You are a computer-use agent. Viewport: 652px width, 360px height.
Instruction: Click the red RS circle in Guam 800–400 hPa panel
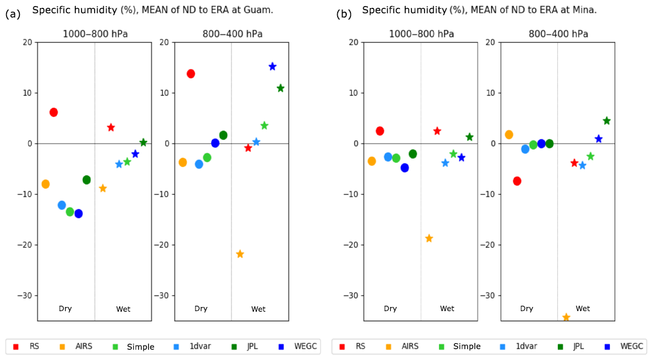191,74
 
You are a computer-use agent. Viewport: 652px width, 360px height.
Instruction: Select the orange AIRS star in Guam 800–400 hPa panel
240,254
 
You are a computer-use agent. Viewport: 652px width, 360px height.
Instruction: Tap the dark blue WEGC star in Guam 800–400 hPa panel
273,66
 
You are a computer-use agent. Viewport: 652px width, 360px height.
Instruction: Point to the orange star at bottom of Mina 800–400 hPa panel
566,317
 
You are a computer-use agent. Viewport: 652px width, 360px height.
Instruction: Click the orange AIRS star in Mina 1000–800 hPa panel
429,238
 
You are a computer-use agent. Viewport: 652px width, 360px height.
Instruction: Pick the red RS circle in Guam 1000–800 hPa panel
54,112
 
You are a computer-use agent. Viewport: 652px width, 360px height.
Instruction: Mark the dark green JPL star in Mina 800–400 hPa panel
607,121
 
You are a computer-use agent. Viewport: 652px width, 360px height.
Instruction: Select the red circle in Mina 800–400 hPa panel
517,181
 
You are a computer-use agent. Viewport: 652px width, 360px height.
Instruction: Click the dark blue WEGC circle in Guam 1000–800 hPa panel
78,213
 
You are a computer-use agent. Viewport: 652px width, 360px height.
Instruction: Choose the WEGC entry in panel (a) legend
302,346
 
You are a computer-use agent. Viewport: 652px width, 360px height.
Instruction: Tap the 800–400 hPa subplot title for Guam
232,34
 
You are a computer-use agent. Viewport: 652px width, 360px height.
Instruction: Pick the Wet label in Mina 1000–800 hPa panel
447,309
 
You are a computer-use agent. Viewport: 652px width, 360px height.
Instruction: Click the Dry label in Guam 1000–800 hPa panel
65,309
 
